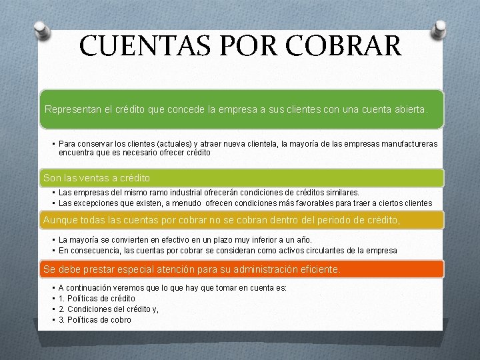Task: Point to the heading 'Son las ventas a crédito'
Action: point(97,178)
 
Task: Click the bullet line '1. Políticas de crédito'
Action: point(97,299)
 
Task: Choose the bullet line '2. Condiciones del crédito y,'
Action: point(109,309)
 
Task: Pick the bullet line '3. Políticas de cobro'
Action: point(95,320)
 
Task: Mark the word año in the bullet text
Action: point(304,240)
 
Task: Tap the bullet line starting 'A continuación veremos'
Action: point(173,288)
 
